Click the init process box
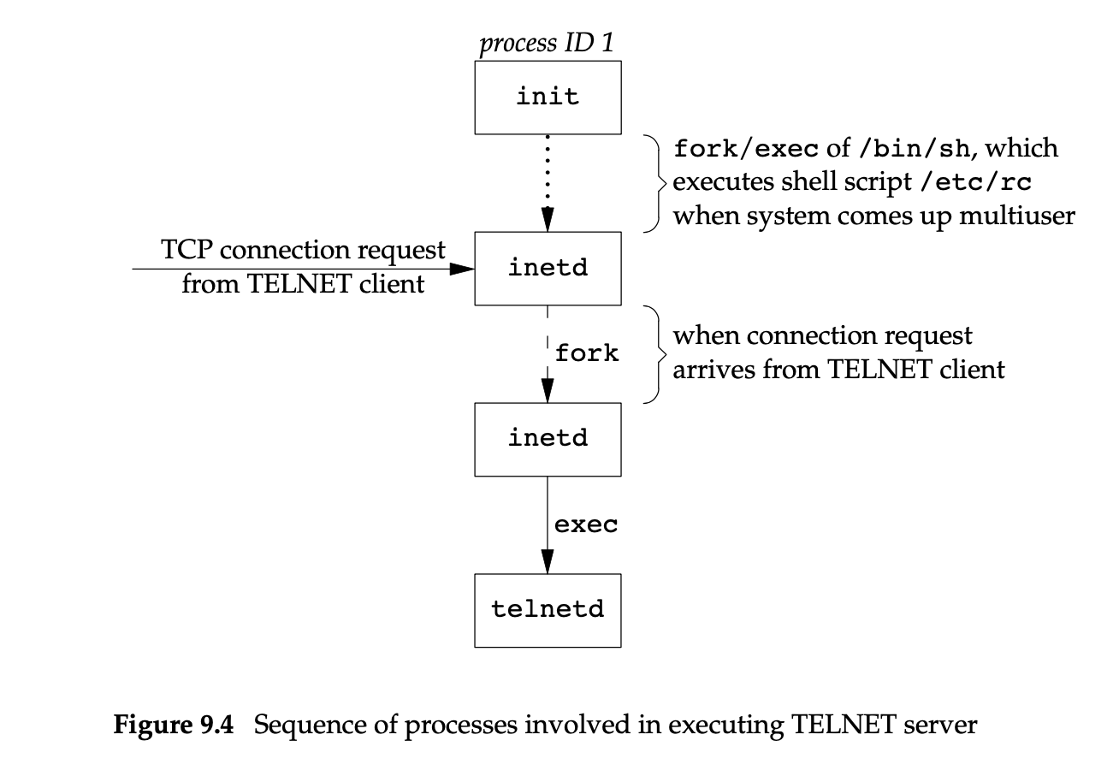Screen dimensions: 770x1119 [548, 97]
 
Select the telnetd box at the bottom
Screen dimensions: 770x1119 [548, 610]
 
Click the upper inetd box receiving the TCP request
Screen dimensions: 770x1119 [548, 268]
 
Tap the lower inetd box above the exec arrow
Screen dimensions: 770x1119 [548, 439]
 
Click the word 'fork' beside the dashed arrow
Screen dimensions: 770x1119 [587, 352]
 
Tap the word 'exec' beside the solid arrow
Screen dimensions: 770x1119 [586, 524]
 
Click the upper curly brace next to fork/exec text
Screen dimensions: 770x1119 [654, 182]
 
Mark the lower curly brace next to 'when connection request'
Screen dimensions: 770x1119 [654, 352]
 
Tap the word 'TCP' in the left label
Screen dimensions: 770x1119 [184, 251]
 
